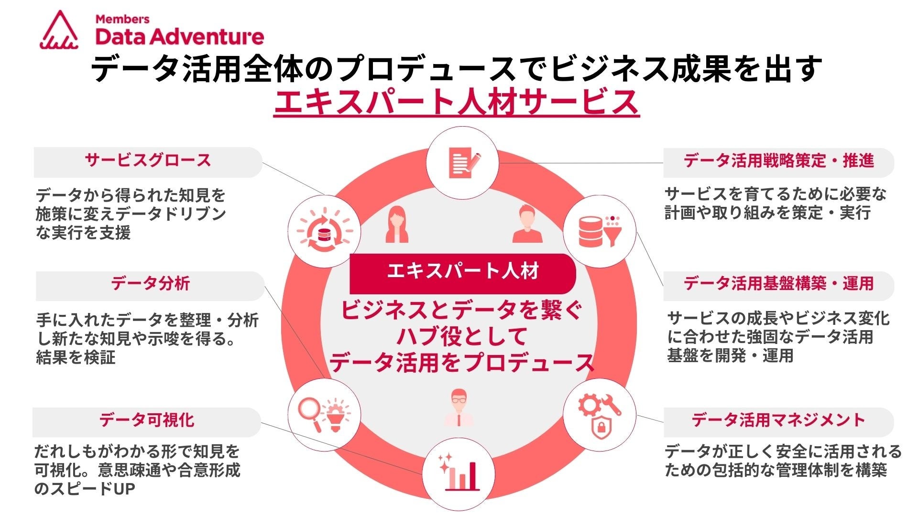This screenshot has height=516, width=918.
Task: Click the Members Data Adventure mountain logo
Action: pos(59,31)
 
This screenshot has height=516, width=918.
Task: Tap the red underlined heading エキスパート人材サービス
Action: pos(457,102)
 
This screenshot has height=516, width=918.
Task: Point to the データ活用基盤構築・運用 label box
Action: pos(778,285)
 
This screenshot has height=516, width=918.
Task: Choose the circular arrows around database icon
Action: pos(324,231)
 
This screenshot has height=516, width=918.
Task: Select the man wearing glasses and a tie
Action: pos(459,408)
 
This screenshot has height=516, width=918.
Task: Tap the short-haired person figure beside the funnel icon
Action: pos(527,225)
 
